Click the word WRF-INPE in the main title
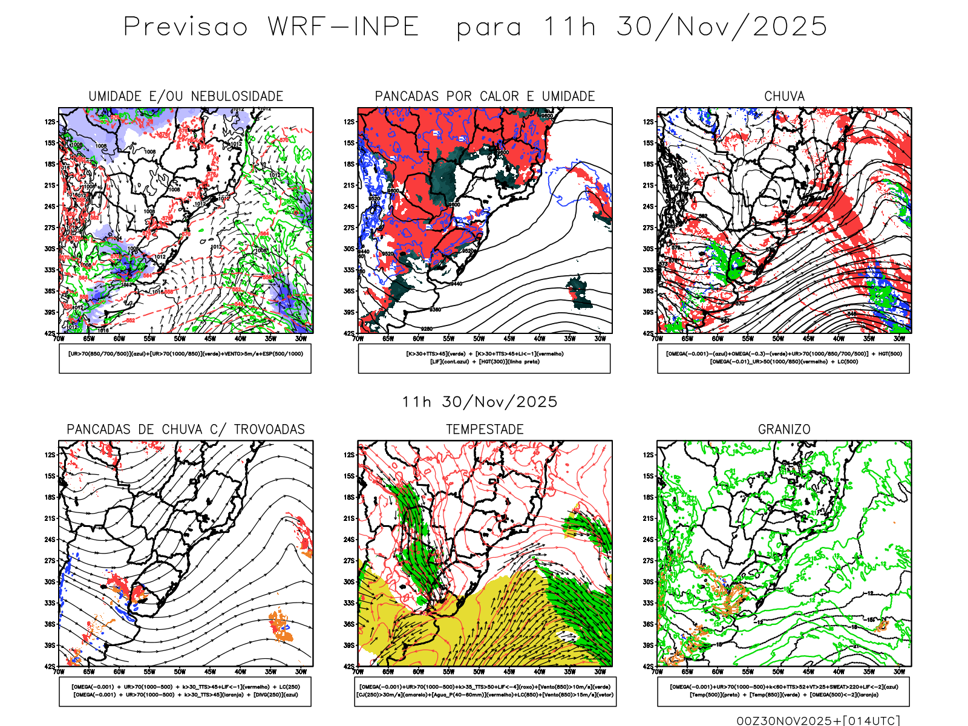[x=343, y=27]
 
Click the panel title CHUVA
[x=784, y=96]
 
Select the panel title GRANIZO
[x=784, y=430]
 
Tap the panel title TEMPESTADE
[x=485, y=430]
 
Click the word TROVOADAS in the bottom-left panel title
[x=269, y=430]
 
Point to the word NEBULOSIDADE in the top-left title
[x=237, y=96]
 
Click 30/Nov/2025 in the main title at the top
[x=722, y=27]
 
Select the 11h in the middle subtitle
[x=416, y=402]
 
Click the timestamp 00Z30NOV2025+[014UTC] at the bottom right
[x=818, y=720]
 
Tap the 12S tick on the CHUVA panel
[x=649, y=122]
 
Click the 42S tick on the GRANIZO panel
[x=649, y=666]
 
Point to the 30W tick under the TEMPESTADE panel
[x=600, y=672]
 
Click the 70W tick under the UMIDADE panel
[x=59, y=339]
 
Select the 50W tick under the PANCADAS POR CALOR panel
[x=479, y=339]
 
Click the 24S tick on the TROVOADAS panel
[x=50, y=539]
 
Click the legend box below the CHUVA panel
[x=783, y=358]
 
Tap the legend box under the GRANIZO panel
[x=783, y=691]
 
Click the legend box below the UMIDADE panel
[x=185, y=358]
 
